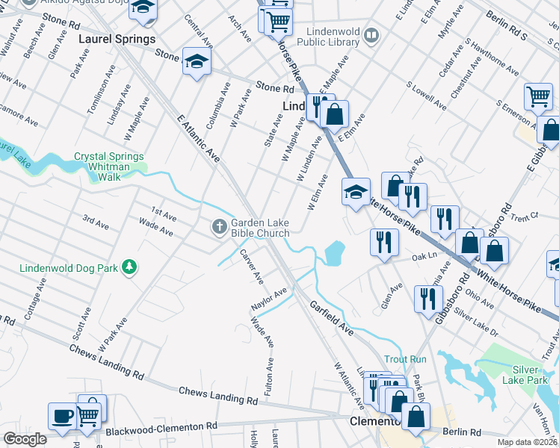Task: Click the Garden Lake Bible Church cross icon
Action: (220, 225)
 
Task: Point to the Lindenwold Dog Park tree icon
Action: (130, 267)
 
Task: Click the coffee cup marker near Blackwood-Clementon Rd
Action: (61, 414)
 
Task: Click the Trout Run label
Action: (405, 359)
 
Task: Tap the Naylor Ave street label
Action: (269, 299)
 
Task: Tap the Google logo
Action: (25, 439)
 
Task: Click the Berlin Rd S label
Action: (506, 25)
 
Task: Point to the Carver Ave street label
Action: (251, 267)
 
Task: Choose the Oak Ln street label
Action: (423, 255)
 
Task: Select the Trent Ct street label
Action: (525, 217)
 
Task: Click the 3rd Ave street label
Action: (96, 221)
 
